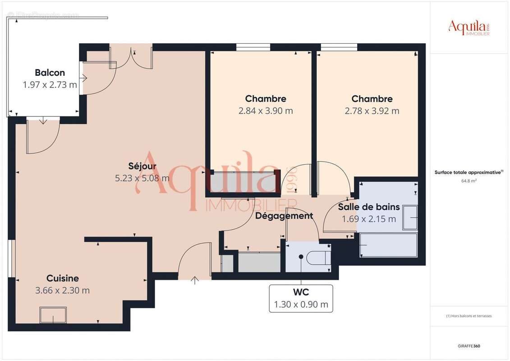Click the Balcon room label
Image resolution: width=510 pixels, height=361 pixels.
point(50,73)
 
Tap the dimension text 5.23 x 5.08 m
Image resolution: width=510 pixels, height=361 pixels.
point(142,178)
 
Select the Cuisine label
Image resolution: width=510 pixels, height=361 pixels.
point(62,278)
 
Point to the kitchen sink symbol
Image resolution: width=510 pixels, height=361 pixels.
point(53,315)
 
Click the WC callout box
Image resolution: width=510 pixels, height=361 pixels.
point(301,298)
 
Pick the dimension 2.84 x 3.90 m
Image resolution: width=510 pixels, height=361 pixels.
point(265,111)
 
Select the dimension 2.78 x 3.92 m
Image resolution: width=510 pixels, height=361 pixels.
point(372,111)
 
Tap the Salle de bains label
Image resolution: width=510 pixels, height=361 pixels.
point(368,207)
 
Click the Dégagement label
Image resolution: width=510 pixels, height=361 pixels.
point(284,216)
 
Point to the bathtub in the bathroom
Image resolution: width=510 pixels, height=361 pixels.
point(388,245)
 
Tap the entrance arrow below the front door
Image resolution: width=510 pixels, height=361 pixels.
point(194,281)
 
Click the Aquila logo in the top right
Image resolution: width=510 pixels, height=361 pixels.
point(469,28)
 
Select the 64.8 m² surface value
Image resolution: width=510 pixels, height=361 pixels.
point(469,180)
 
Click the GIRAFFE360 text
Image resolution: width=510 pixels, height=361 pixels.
point(469,346)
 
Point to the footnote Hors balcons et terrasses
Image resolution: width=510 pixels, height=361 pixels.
point(469,316)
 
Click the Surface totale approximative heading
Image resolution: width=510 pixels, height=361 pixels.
point(469,172)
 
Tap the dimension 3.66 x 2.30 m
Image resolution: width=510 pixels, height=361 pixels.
point(62,291)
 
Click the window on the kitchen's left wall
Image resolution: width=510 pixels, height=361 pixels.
point(12,258)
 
